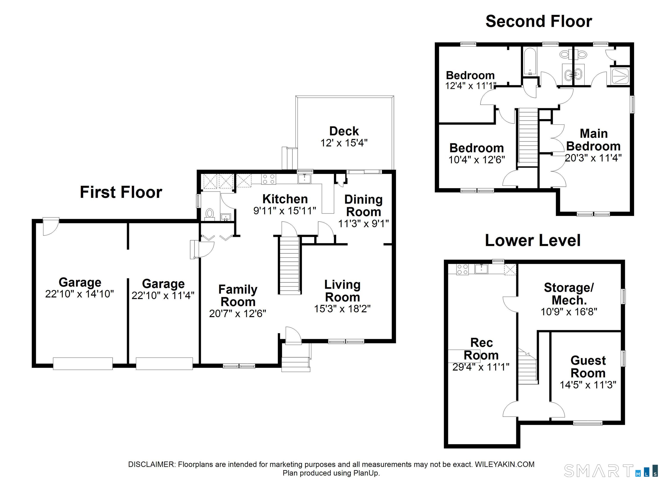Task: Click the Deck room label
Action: coord(344,131)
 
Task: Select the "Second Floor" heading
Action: coord(539,22)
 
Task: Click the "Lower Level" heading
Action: coord(533,241)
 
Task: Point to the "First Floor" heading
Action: coord(121,192)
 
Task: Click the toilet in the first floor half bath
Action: coord(210,214)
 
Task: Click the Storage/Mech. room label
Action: coord(569,294)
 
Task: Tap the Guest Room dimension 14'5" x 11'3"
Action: coord(588,385)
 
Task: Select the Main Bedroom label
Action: coord(594,140)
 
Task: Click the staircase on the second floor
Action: coord(528,137)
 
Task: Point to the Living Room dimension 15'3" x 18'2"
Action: coord(342,309)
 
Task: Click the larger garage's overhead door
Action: coord(83,363)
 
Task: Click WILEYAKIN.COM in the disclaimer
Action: coord(505,465)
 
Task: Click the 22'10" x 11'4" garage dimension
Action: coord(163,296)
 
